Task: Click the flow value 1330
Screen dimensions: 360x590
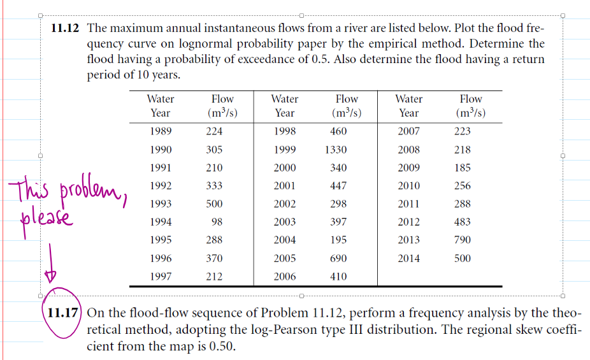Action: [x=335, y=150]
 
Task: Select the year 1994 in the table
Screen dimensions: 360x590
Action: [x=160, y=222]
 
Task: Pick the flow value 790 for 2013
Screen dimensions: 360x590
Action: [x=463, y=240]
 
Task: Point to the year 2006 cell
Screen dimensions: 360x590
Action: [x=284, y=277]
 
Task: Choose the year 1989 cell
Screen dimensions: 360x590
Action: [x=160, y=132]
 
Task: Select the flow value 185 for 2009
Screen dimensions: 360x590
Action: [x=463, y=168]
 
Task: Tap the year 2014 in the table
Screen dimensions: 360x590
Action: [x=408, y=259]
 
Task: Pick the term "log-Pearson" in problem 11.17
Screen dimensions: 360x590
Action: [x=366, y=330]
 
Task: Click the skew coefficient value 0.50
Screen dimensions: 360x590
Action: [x=225, y=347]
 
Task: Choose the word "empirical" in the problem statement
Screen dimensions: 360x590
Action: [x=450, y=44]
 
